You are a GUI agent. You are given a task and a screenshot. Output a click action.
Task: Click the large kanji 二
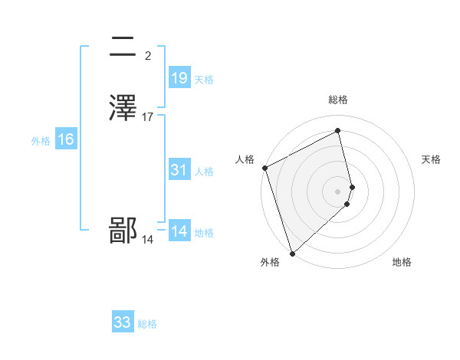[x=124, y=47]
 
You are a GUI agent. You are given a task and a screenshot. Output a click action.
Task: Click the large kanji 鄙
[x=124, y=231]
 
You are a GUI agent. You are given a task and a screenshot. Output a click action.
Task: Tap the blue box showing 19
[x=179, y=78]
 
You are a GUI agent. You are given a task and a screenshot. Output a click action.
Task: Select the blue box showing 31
[x=179, y=170]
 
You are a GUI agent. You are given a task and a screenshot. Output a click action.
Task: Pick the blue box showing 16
[x=66, y=139]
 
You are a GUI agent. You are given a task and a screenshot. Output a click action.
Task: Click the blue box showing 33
[x=123, y=322]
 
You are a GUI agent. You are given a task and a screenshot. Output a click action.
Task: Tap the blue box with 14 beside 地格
[x=179, y=231]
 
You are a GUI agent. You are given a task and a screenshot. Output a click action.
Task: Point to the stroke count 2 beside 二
[x=147, y=56]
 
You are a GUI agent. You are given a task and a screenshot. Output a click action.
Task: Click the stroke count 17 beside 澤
[x=148, y=117]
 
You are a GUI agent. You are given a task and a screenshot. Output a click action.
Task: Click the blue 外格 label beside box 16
[x=40, y=140]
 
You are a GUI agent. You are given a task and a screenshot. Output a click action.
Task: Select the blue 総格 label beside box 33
[x=147, y=324]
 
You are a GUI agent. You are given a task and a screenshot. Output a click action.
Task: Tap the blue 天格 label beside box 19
[x=204, y=79]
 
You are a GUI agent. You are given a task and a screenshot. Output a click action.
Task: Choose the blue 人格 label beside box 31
[x=204, y=171]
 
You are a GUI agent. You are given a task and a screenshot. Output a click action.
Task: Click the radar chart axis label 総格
[x=338, y=100]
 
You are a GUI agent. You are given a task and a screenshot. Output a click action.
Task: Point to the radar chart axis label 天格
[x=432, y=159]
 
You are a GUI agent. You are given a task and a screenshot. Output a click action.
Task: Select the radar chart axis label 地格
[x=402, y=263]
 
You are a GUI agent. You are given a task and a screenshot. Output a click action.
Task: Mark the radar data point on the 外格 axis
[x=291, y=253]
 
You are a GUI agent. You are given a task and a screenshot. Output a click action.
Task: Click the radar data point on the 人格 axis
[x=264, y=168]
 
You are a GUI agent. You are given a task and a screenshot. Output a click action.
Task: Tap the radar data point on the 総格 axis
[x=338, y=130]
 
